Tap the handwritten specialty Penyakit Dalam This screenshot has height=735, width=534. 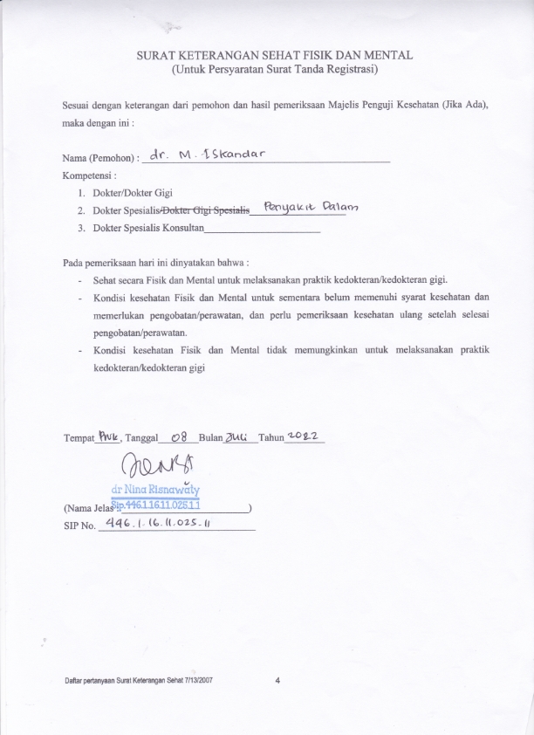click(311, 208)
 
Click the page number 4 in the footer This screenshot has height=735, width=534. click(277, 679)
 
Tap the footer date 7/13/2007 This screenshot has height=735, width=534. click(197, 679)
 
